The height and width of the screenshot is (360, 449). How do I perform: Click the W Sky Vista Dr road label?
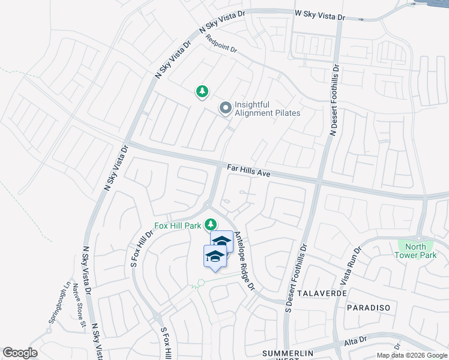click(x=320, y=15)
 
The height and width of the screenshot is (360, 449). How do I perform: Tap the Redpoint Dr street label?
click(x=220, y=44)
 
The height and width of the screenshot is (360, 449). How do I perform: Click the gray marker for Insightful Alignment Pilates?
click(x=226, y=108)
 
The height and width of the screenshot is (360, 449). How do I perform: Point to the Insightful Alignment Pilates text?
click(x=267, y=109)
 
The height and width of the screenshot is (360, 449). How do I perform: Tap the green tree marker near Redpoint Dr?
click(x=202, y=91)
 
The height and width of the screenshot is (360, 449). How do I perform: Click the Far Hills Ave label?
click(x=249, y=171)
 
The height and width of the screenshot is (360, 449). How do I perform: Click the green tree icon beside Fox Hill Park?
click(x=210, y=224)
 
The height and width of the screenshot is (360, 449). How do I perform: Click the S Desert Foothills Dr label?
click(x=295, y=278)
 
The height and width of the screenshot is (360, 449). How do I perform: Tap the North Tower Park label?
click(x=415, y=251)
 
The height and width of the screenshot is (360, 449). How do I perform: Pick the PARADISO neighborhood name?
click(x=369, y=307)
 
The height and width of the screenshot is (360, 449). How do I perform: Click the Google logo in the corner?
click(x=20, y=353)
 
